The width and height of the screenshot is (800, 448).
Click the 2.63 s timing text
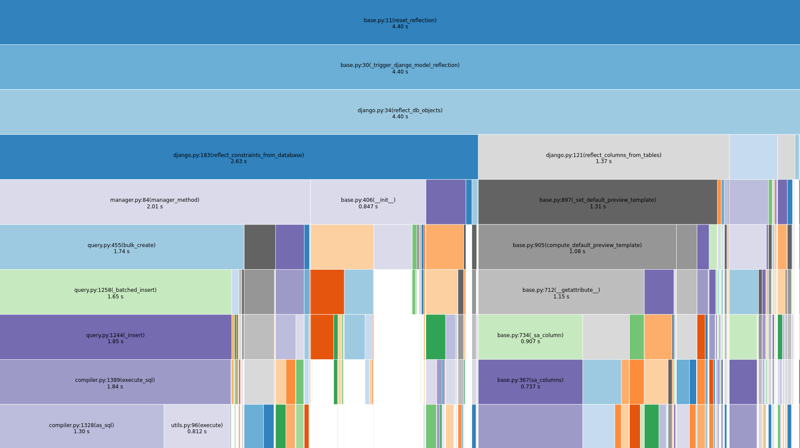pyautogui.click(x=238, y=162)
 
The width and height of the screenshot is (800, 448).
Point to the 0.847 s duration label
pyautogui.click(x=368, y=207)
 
